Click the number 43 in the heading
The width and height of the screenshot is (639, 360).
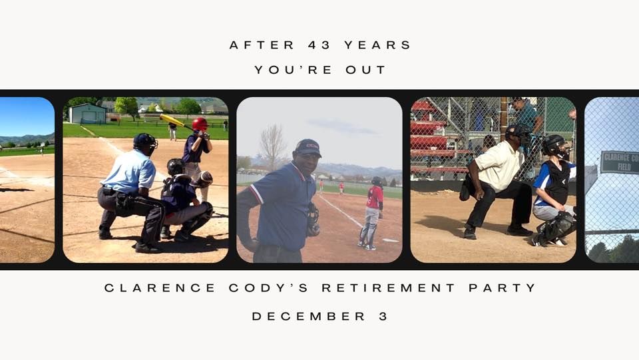(320, 45)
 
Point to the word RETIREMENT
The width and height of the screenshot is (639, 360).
(389, 288)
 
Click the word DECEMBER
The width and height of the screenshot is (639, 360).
(309, 317)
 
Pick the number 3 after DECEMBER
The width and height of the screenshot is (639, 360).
(383, 317)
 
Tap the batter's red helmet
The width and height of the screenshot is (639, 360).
(200, 124)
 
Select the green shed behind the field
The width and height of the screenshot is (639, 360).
(87, 114)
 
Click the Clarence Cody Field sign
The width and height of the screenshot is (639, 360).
(618, 162)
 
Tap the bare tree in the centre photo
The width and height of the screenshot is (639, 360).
(272, 146)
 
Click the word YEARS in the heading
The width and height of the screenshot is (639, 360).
(378, 45)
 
